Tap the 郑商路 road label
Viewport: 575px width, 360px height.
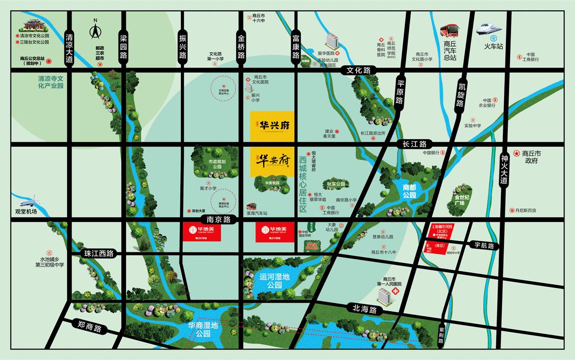[x=86, y=328]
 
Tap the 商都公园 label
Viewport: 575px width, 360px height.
[x=409, y=191]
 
